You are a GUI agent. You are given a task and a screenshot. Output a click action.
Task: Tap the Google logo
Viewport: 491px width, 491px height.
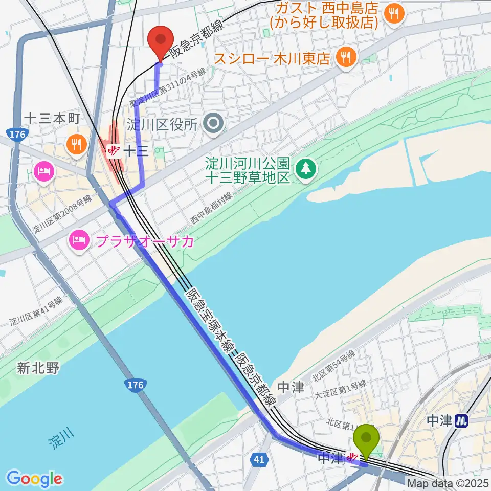pos(34,479)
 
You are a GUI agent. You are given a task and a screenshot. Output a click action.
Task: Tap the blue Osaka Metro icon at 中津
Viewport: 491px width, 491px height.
pos(462,421)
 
